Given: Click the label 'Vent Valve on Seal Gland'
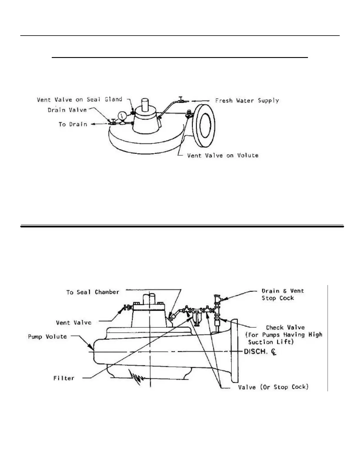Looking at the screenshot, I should tap(79, 99).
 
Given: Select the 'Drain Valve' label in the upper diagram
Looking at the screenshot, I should tap(67, 110).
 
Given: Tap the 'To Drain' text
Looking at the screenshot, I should tap(73, 124).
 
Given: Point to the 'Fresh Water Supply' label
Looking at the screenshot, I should tap(247, 101).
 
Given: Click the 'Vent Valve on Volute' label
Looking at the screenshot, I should tap(223, 155).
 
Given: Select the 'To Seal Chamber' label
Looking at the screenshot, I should tap(93, 292).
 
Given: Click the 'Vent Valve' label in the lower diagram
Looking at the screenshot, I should tap(74, 322).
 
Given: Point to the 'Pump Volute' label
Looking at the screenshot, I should tap(47, 336).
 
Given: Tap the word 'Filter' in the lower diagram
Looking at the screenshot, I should tap(64, 378).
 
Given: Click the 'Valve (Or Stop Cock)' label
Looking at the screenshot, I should tap(273, 387).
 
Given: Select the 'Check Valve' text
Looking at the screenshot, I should tap(285, 327).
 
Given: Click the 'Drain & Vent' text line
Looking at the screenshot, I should tap(283, 291).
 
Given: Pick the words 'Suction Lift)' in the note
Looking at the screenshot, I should tap(271, 342).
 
